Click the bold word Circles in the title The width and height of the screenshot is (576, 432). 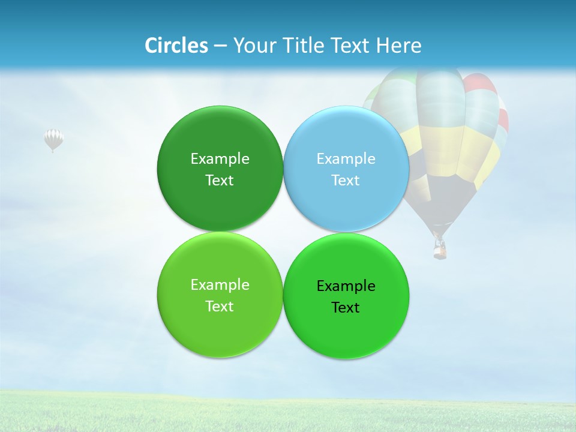pos(176,46)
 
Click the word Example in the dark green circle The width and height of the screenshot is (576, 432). pos(220,159)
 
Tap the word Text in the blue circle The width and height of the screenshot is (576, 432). pos(346,181)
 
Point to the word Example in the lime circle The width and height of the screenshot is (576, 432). pos(220,285)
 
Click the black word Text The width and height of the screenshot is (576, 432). pos(346,308)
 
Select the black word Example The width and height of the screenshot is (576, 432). pos(346,286)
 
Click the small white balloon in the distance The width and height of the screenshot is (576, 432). pos(53,139)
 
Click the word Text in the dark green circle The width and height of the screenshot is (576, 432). pos(220,181)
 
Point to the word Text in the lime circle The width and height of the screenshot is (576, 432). pos(220,307)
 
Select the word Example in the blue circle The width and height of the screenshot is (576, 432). pos(346,159)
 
